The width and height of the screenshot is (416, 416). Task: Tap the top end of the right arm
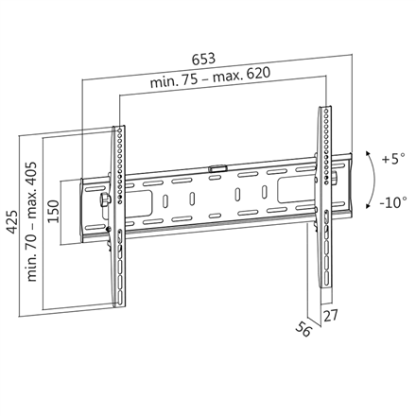[321, 112]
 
